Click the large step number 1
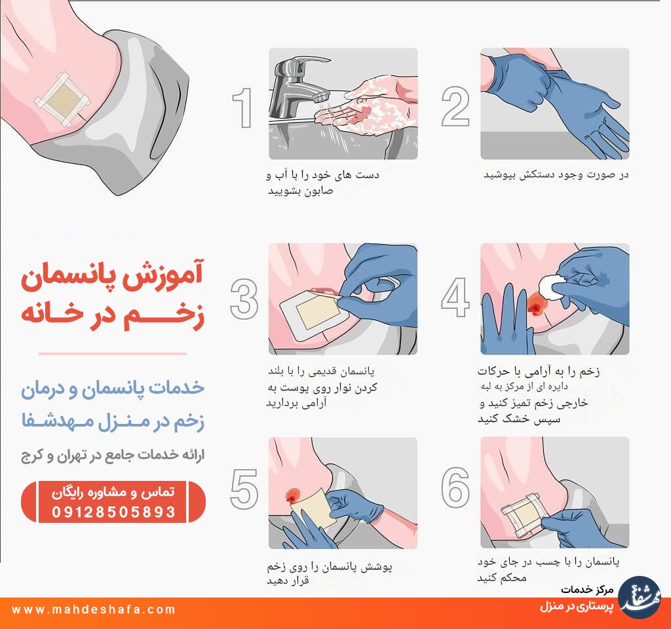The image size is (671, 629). coord(242,107)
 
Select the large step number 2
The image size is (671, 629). coord(455,106)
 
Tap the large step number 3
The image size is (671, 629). coord(244,299)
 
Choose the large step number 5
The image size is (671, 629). coord(244,489)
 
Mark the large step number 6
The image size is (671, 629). coord(455,487)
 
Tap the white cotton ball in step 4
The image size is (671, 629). coord(552,288)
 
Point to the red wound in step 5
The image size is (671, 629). coord(293,495)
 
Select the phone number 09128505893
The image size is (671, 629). coord(113,512)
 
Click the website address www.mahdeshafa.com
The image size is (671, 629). coord(94,609)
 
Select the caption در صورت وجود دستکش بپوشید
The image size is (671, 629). coord(556,174)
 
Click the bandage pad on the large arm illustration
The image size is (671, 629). coord(63,100)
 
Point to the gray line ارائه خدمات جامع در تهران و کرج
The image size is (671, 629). coord(113,455)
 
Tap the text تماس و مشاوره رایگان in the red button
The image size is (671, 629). coord(113,493)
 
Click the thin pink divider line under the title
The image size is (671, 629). coord(113,354)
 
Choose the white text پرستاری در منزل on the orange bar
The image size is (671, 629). coord(577,606)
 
